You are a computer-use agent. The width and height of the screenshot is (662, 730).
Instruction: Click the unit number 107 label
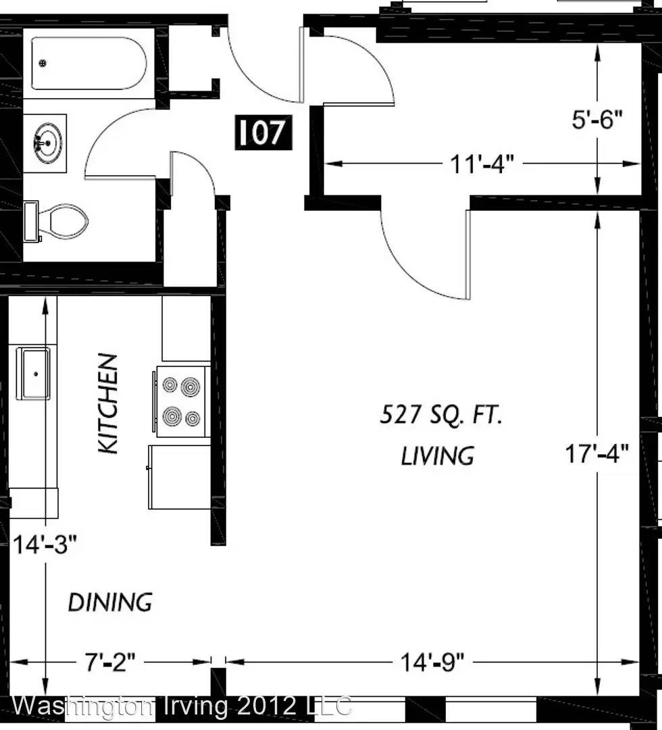(263, 132)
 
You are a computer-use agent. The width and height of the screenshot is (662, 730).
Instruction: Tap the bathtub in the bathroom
(89, 64)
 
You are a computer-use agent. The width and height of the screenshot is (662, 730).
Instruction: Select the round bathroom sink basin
(47, 143)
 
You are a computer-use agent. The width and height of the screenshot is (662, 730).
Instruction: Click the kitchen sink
(33, 373)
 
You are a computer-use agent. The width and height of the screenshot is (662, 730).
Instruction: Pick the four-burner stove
(182, 401)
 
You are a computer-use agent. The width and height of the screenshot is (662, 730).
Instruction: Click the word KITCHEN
(108, 404)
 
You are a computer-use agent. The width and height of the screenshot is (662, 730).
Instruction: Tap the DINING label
(110, 602)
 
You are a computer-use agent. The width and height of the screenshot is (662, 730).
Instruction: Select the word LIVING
(438, 456)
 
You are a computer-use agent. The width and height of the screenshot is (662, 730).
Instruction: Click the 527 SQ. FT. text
(441, 414)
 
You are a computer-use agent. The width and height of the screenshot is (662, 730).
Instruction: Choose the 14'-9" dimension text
(432, 662)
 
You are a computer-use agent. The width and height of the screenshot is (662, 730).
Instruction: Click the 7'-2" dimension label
(110, 662)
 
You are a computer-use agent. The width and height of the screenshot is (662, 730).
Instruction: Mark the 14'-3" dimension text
(44, 544)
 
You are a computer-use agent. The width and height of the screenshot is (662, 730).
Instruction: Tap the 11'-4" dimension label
(482, 164)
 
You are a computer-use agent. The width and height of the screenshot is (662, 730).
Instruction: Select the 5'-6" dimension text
(597, 120)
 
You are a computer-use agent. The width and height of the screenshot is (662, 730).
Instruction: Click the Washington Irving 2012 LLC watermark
(182, 706)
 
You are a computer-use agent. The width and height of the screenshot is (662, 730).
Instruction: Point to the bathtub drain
(43, 62)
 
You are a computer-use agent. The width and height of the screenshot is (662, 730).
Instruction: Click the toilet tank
(31, 221)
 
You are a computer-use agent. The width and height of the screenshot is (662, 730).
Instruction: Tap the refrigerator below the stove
(180, 477)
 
